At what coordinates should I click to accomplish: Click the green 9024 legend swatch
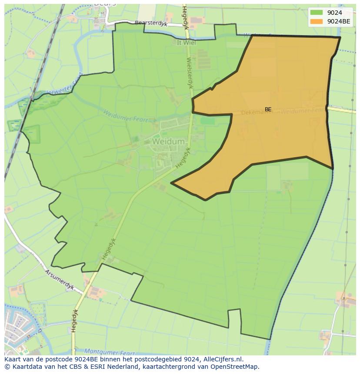(x=317, y=13)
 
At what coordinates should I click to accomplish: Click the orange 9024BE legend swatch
(x=317, y=21)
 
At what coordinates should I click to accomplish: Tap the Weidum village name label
(x=169, y=142)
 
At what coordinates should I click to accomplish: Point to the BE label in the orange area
(x=268, y=109)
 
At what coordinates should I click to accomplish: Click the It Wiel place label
(x=187, y=43)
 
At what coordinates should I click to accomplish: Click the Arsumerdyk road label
(x=60, y=280)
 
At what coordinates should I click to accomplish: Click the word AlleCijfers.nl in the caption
(x=223, y=359)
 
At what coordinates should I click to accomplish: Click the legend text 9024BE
(x=339, y=21)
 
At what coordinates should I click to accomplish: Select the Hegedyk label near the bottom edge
(x=74, y=321)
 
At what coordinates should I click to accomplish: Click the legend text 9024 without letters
(x=334, y=13)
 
